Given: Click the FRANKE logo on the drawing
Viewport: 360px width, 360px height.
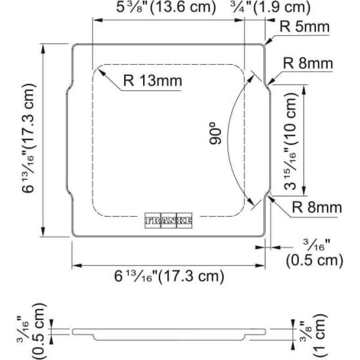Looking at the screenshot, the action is pyautogui.click(x=168, y=220).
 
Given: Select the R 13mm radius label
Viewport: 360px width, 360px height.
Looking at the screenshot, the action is pyautogui.click(x=153, y=81).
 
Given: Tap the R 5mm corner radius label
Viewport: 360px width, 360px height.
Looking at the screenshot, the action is pyautogui.click(x=305, y=27).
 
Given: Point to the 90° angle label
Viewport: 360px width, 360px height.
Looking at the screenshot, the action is pyautogui.click(x=216, y=133).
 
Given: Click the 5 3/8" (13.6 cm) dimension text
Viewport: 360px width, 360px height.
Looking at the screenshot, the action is pyautogui.click(x=166, y=7).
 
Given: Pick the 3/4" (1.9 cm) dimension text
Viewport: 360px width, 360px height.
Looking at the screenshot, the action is pyautogui.click(x=270, y=7).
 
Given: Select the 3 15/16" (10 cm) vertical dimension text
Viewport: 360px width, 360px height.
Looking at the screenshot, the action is pyautogui.click(x=290, y=141).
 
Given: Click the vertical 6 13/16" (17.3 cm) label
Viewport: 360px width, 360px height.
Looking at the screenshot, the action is pyautogui.click(x=29, y=139).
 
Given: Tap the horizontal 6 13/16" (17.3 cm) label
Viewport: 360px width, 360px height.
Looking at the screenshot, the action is pyautogui.click(x=169, y=276).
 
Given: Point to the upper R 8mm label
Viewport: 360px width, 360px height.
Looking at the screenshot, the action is pyautogui.click(x=308, y=63).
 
